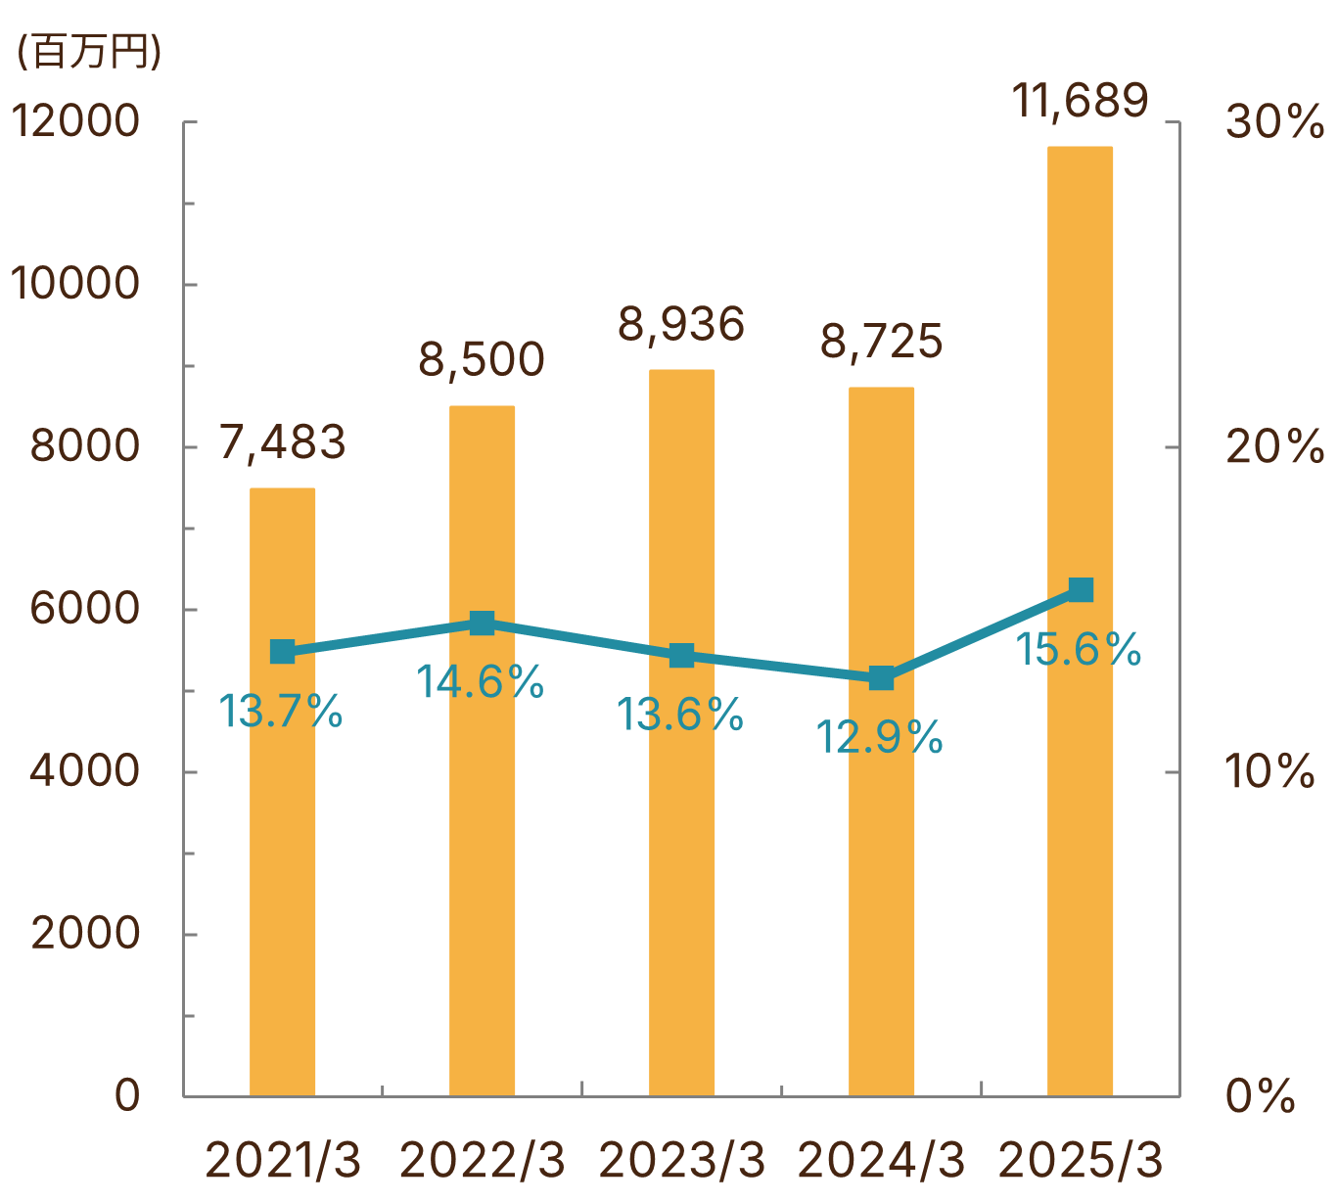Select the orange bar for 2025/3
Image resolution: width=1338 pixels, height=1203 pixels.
pyautogui.click(x=1080, y=832)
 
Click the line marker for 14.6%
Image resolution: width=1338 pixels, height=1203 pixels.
pyautogui.click(x=482, y=624)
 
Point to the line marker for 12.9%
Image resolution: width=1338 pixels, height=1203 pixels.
pyautogui.click(x=881, y=677)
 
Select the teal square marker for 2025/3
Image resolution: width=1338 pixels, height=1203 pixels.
pyautogui.click(x=1081, y=589)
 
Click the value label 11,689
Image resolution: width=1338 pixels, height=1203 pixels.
pyautogui.click(x=1080, y=100)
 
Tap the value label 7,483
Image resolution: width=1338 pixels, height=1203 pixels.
pyautogui.click(x=282, y=442)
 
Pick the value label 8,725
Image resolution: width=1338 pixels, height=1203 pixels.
pyautogui.click(x=881, y=342)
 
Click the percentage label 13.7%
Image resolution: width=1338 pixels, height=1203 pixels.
pyautogui.click(x=280, y=712)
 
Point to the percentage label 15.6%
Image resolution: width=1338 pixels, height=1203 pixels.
pyautogui.click(x=1078, y=650)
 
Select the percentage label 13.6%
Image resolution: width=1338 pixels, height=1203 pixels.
pyautogui.click(x=680, y=716)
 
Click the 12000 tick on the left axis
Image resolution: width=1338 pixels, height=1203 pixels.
pyautogui.click(x=75, y=122)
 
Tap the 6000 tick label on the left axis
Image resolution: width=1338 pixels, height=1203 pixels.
pyautogui.click(x=85, y=609)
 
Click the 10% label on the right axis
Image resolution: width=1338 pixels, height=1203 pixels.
pyautogui.click(x=1269, y=772)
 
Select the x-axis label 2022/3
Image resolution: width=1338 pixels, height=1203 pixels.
pyautogui.click(x=483, y=1161)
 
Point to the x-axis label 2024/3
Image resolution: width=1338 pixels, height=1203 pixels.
pyautogui.click(x=881, y=1161)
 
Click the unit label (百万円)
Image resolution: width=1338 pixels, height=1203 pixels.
pyautogui.click(x=88, y=51)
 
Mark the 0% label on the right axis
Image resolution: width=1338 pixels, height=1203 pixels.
pyautogui.click(x=1261, y=1096)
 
